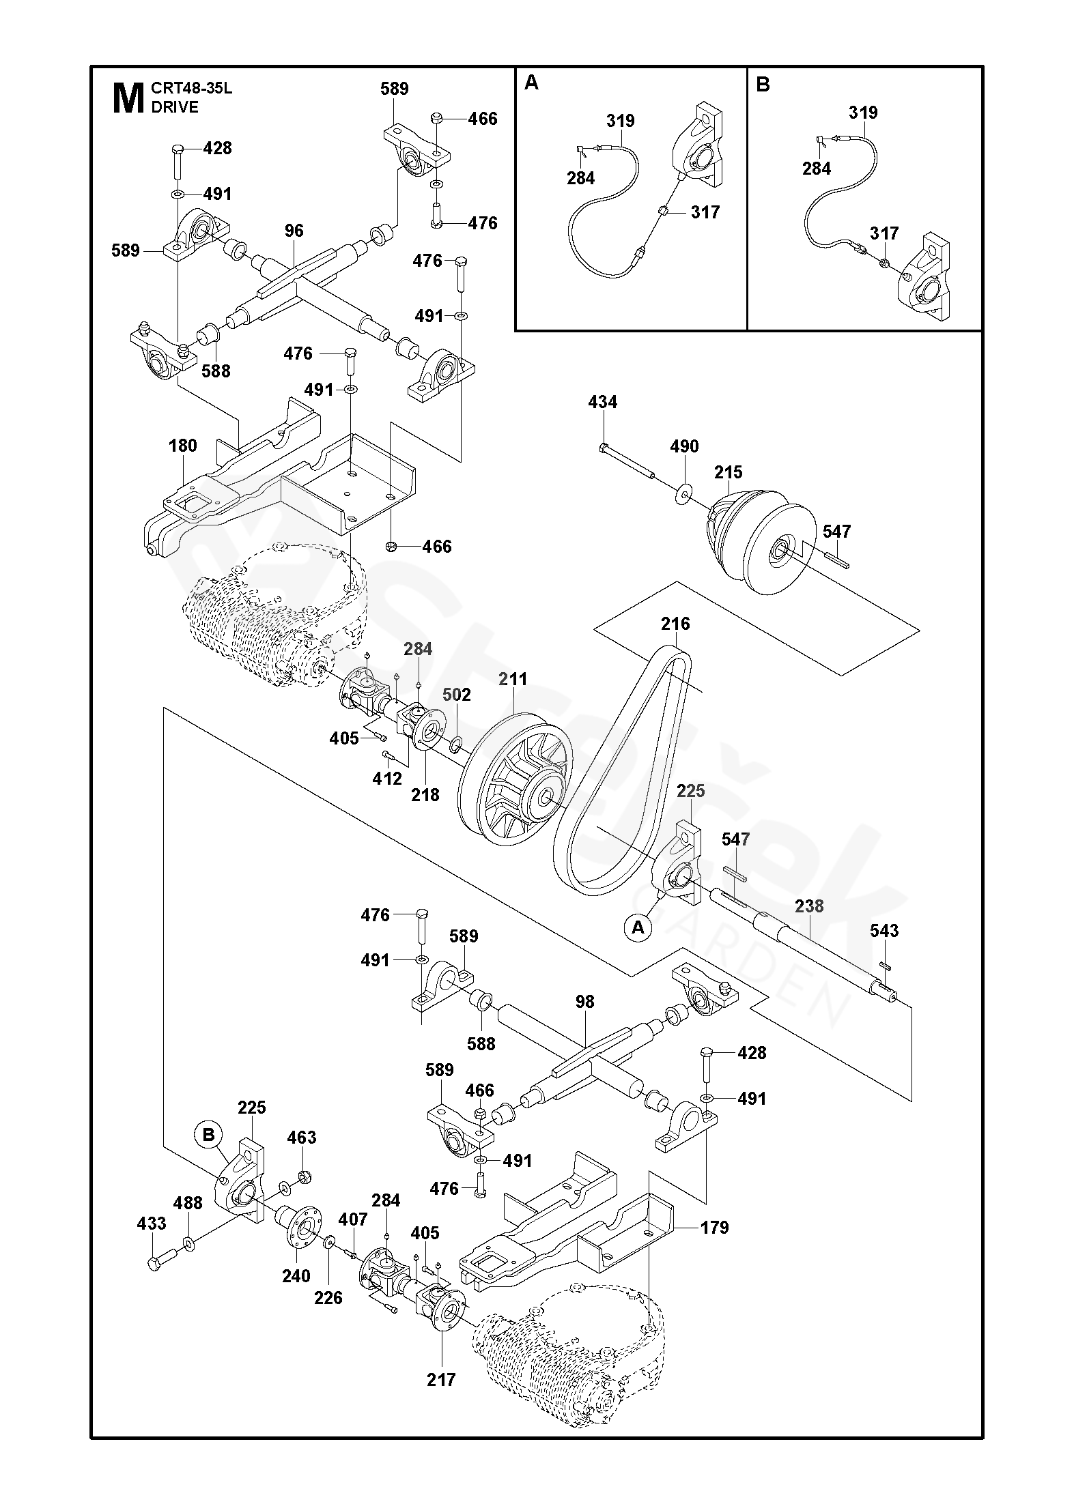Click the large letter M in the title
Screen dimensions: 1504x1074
pos(127,98)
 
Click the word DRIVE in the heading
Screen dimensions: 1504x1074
pos(175,107)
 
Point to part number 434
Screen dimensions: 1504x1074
pos(602,403)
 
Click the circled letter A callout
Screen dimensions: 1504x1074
pos(638,927)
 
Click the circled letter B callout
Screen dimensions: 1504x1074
pos(209,1135)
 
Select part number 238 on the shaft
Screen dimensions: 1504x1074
pos(809,907)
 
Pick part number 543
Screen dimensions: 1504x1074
pos(884,931)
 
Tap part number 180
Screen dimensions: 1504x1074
pos(182,446)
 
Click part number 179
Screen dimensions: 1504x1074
pos(714,1228)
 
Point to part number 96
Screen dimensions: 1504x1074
pos(294,231)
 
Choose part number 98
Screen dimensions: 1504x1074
pos(584,1002)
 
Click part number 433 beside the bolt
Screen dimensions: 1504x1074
pos(152,1224)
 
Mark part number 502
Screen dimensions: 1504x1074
pos(457,695)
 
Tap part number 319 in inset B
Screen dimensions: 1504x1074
pos(863,113)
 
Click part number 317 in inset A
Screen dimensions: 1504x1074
pos(705,212)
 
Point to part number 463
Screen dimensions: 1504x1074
pos(302,1138)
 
